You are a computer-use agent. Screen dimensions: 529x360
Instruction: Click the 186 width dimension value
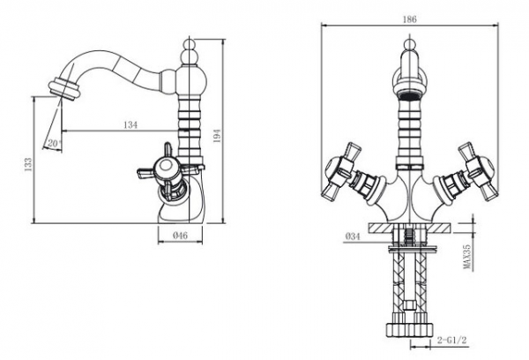coord(410,19)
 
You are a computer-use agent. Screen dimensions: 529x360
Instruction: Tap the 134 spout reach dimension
coord(130,125)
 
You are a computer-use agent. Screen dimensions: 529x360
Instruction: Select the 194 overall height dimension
coord(217,136)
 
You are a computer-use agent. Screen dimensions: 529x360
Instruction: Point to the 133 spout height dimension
coord(28,164)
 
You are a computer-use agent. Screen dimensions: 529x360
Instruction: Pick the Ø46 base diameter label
coord(180,236)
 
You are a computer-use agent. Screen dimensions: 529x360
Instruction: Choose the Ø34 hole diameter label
coord(353,236)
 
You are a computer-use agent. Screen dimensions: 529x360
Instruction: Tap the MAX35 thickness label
coord(467,257)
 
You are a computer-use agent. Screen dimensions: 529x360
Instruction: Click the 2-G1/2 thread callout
coord(451,340)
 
